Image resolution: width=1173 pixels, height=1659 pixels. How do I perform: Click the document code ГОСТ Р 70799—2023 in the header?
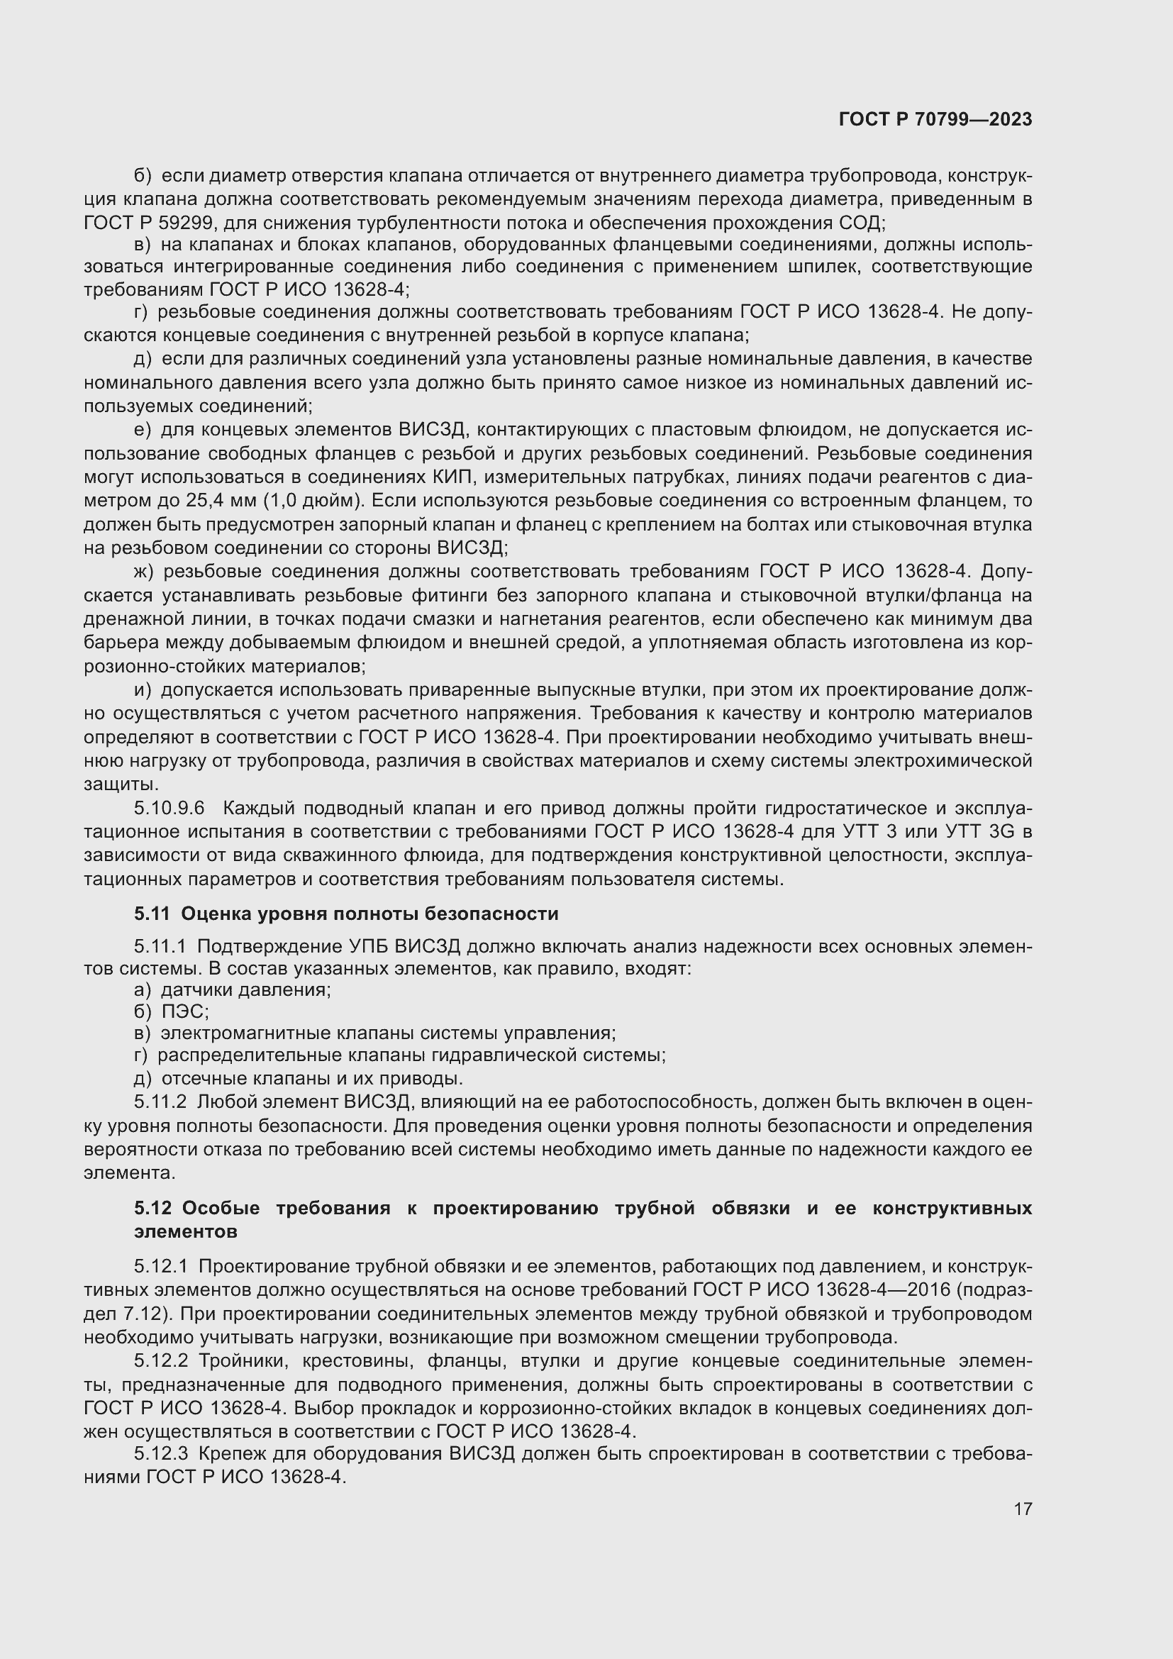click(x=935, y=120)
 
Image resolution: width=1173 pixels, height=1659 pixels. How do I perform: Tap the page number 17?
click(x=1023, y=1509)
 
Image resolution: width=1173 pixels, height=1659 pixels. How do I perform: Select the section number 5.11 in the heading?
click(x=152, y=914)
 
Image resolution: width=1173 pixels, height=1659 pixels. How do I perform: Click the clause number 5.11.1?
click(x=160, y=947)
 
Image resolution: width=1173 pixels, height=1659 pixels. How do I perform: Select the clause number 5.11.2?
click(x=160, y=1102)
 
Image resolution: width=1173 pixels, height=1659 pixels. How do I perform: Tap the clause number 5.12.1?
click(x=160, y=1267)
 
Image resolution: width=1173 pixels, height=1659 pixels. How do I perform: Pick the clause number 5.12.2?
click(x=160, y=1361)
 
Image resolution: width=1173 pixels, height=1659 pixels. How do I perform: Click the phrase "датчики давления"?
click(x=245, y=990)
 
